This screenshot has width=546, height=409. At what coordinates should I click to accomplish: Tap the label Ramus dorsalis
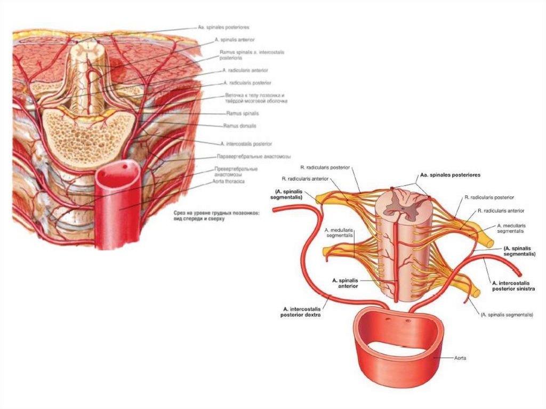[x=240, y=126]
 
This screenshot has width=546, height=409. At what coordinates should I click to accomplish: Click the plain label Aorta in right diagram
[x=459, y=358]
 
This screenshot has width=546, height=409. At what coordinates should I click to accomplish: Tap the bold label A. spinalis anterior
[x=344, y=283]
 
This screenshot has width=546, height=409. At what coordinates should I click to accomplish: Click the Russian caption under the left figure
[x=216, y=215]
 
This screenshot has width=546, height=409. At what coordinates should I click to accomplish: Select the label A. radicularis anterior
[x=246, y=70]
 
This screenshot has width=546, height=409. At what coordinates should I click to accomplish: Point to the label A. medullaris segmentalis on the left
[x=339, y=232]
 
